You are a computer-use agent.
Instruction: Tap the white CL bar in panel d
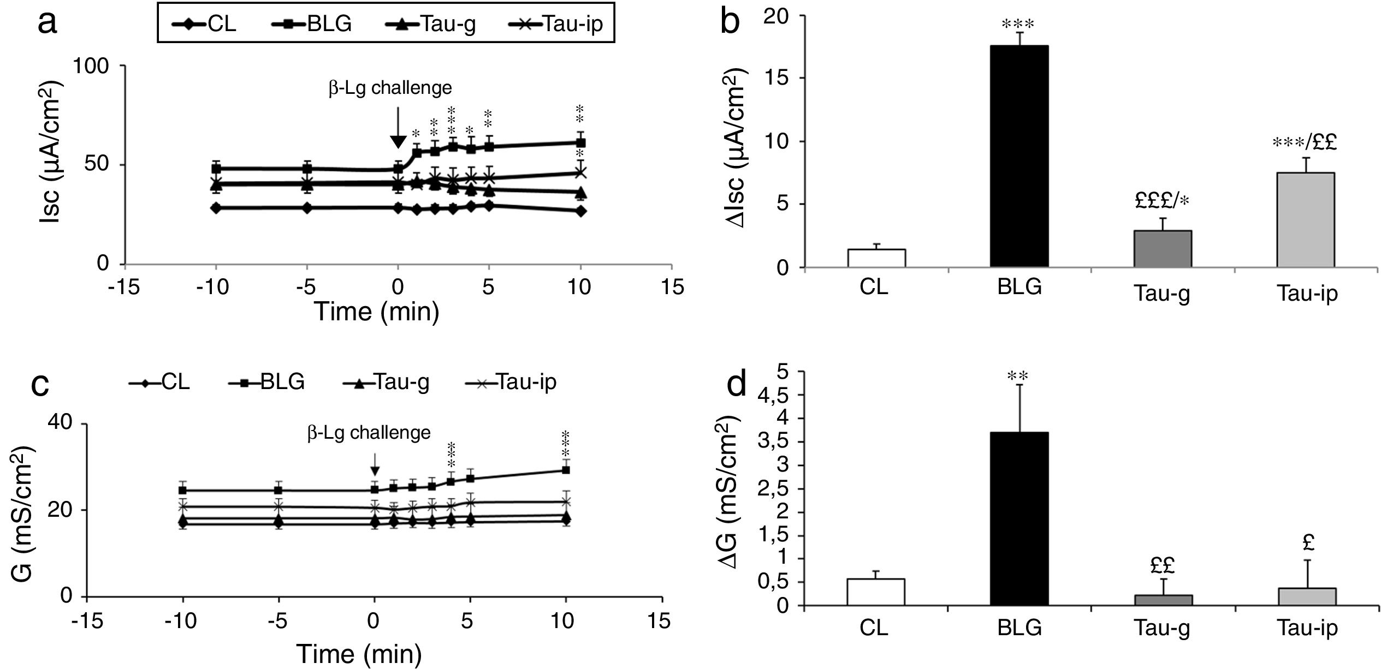click(876, 592)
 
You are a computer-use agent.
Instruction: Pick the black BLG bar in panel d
click(1019, 518)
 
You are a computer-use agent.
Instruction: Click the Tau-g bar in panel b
click(1163, 249)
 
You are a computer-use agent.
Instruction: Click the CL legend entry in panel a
click(204, 23)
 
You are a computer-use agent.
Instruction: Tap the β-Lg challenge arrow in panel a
click(398, 128)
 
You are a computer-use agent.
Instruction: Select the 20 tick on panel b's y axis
click(777, 16)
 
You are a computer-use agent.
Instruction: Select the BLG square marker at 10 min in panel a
click(581, 143)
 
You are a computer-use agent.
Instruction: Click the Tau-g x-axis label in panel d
click(1163, 628)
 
